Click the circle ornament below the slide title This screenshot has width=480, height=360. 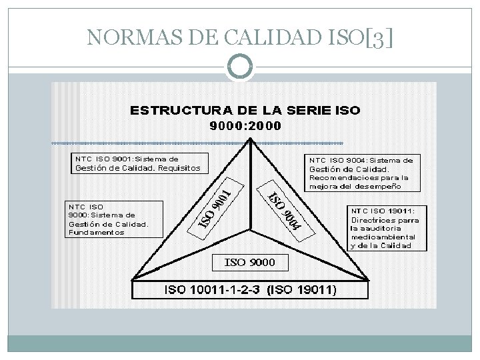pyautogui.click(x=240, y=65)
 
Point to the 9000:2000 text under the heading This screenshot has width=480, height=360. pyautogui.click(x=246, y=125)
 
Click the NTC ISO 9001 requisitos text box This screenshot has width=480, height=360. pyautogui.click(x=139, y=163)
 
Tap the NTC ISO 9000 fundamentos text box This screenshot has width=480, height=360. pyautogui.click(x=113, y=219)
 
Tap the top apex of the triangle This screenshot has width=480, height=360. pyautogui.click(x=249, y=141)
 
